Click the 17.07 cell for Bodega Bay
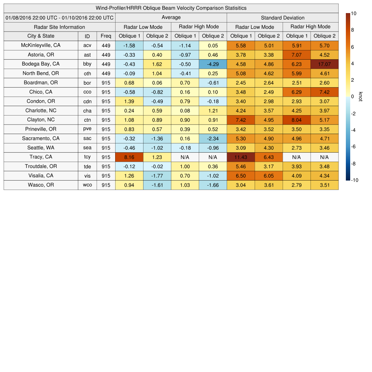click(324, 64)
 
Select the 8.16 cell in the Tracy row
click(129, 157)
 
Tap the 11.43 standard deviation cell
click(240, 157)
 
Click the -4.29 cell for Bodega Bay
click(213, 64)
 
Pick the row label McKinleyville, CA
click(41, 45)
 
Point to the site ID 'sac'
click(87, 138)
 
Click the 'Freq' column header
click(106, 36)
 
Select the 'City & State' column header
click(41, 36)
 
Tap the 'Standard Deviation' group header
click(283, 18)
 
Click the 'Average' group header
click(171, 17)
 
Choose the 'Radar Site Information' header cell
click(59, 27)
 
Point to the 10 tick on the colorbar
click(353, 13)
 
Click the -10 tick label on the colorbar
click(354, 180)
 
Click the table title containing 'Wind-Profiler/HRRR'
click(171, 8)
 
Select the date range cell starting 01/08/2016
click(59, 18)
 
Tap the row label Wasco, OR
click(41, 185)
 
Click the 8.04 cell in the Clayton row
click(296, 120)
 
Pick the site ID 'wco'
click(87, 185)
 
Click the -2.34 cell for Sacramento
click(213, 138)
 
